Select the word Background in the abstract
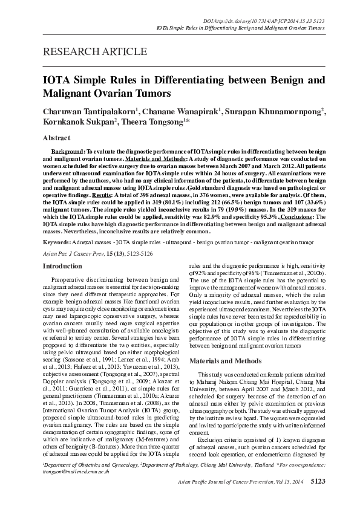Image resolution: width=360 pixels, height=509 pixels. [x=67, y=149]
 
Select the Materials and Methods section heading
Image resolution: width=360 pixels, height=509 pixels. [x=227, y=360]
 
